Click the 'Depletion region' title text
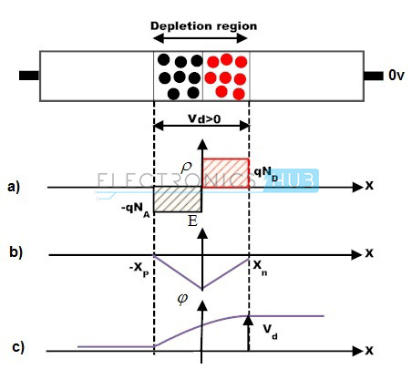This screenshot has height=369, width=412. pos(203,26)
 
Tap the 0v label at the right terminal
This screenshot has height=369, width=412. pos(397,76)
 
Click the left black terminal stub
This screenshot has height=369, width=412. pos(29,76)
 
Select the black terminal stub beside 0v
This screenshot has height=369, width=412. pos(374,76)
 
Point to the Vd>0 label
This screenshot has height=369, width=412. pos(204,118)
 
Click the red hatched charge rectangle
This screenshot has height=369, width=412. pos(226,173)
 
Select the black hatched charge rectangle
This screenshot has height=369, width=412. pos(178,199)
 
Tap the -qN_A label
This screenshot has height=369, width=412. pos(136,210)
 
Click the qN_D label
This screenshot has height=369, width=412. pos(266,174)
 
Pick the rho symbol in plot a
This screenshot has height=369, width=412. pos(186,169)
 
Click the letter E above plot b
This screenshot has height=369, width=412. pos(192,220)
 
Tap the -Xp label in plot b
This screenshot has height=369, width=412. pos(139,270)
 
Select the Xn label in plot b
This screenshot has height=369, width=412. pos(260,268)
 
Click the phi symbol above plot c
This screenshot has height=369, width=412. pos(182,299)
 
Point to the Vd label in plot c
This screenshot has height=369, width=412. pos(270,332)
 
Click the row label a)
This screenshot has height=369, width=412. pos(14,187)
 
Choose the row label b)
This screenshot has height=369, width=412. pos(15,252)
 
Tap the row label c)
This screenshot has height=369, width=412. pos(18,347)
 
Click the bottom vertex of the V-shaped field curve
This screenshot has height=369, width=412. pos(202,289)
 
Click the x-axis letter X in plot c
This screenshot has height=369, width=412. pos(369,351)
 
